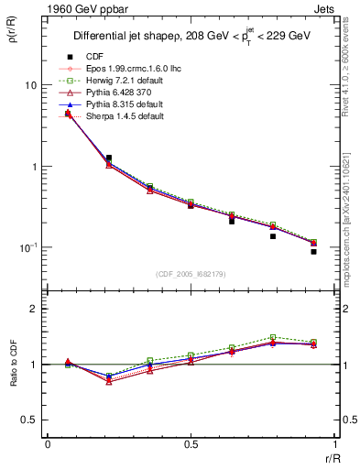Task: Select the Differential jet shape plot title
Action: click(x=191, y=38)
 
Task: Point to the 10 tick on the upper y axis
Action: click(x=29, y=85)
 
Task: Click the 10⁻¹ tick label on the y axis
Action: click(x=27, y=248)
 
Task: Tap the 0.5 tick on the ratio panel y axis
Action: click(x=29, y=420)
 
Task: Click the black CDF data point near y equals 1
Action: click(x=109, y=158)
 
